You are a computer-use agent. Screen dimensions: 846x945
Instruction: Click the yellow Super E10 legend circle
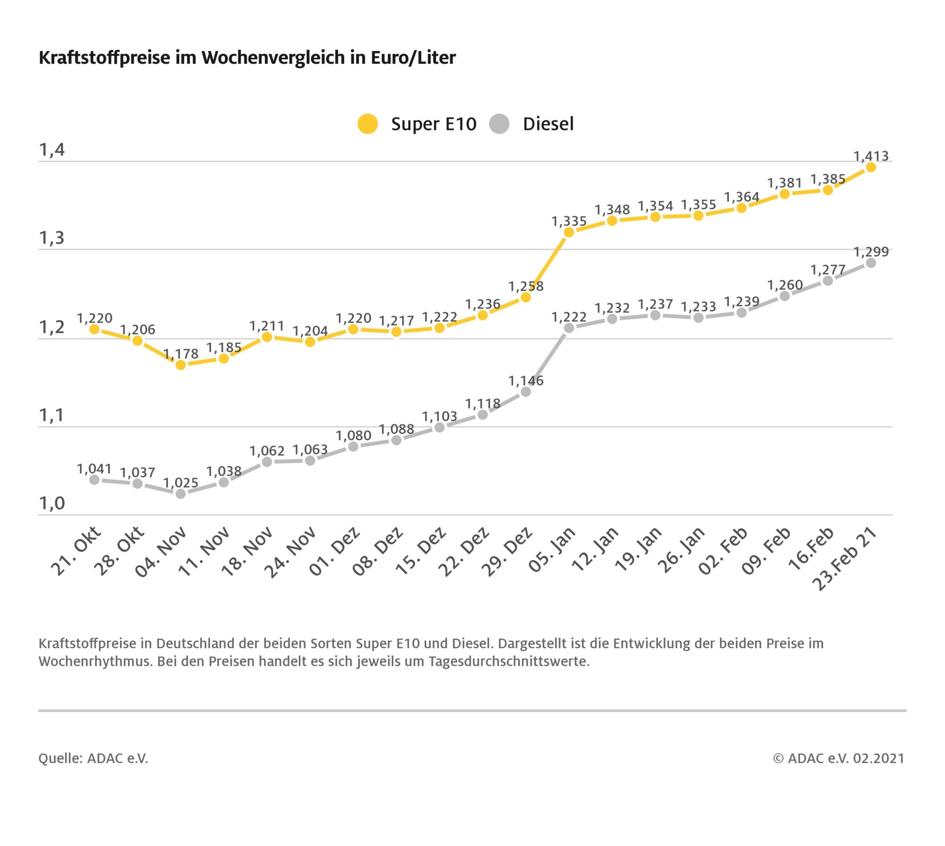(367, 123)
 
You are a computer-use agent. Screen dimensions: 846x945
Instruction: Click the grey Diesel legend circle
(499, 123)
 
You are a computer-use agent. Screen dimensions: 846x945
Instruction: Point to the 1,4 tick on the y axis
(52, 150)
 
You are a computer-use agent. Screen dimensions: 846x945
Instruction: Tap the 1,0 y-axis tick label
(52, 504)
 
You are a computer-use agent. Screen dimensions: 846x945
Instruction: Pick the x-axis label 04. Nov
(161, 551)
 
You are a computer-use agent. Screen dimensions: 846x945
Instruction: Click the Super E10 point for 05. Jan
(569, 232)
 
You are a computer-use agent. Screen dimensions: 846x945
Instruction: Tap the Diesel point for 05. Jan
(569, 328)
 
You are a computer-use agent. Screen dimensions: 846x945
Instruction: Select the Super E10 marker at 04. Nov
(181, 365)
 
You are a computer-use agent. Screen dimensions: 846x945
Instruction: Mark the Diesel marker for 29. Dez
(526, 392)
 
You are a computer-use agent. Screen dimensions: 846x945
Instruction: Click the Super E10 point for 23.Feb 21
(871, 167)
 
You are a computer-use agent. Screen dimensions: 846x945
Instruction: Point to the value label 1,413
(871, 156)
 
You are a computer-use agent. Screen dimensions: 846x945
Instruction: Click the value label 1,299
(871, 252)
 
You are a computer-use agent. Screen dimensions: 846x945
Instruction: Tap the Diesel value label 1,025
(181, 483)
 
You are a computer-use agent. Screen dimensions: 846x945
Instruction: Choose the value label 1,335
(569, 221)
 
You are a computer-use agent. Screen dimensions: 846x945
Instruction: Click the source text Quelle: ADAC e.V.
(93, 758)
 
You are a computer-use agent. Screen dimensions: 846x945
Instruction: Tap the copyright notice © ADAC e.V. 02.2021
(839, 758)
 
